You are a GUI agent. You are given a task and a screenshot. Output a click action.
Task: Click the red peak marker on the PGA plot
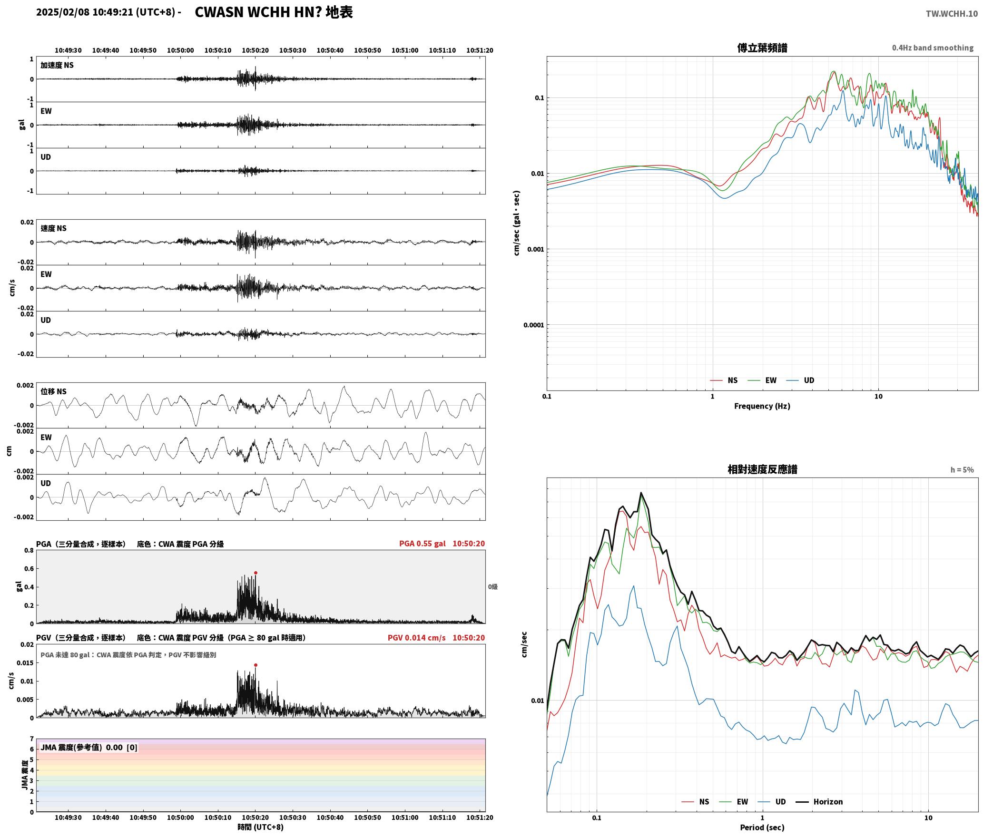pos(256,573)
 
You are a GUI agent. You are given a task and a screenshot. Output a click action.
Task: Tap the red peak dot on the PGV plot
pos(256,665)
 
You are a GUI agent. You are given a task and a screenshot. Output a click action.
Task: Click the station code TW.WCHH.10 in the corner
pos(952,13)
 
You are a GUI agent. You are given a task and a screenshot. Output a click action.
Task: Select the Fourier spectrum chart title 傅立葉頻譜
pos(762,48)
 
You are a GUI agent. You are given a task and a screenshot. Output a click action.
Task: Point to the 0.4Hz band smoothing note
pos(933,48)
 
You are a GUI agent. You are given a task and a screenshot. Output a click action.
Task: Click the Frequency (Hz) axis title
pos(762,406)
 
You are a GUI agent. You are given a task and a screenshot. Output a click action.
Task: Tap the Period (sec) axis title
pos(762,827)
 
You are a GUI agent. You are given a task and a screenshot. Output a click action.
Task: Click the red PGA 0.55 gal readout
pos(422,544)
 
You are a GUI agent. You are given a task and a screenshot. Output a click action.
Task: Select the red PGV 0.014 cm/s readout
pos(416,638)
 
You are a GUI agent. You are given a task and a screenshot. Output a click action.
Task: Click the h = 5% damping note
pos(962,470)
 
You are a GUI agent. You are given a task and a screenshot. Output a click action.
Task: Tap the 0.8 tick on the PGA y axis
pos(29,550)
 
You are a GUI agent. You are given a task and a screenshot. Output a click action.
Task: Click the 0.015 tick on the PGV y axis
pos(27,662)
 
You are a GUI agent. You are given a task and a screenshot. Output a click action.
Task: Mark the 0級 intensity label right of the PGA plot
pos(493,587)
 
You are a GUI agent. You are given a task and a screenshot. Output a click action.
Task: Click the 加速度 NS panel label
pos(57,65)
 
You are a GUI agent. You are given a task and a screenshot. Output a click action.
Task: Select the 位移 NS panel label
pos(53,391)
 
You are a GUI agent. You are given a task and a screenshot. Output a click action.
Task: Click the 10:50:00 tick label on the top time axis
pos(180,50)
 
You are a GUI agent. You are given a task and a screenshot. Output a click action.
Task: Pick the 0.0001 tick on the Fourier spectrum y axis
pos(533,325)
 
